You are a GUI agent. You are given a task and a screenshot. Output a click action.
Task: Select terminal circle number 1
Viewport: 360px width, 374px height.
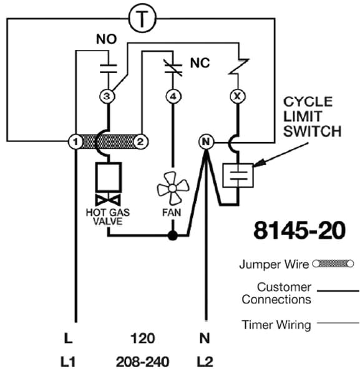[75, 142]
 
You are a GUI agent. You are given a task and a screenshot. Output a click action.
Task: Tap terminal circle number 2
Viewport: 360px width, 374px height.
[142, 142]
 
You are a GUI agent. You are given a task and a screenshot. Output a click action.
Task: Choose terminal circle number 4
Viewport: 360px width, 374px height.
[172, 97]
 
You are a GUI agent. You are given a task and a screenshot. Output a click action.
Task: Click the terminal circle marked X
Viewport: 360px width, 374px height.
[236, 97]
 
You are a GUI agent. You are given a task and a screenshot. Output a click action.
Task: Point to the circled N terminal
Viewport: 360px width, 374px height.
[205, 142]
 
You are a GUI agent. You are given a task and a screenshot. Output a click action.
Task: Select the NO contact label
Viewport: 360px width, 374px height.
[106, 39]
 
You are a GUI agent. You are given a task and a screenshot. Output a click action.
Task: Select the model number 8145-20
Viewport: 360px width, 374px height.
[299, 230]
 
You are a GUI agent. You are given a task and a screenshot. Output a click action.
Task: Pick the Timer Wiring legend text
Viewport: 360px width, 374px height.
[276, 325]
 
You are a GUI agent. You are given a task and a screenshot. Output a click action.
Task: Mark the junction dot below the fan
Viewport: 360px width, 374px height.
[172, 236]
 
